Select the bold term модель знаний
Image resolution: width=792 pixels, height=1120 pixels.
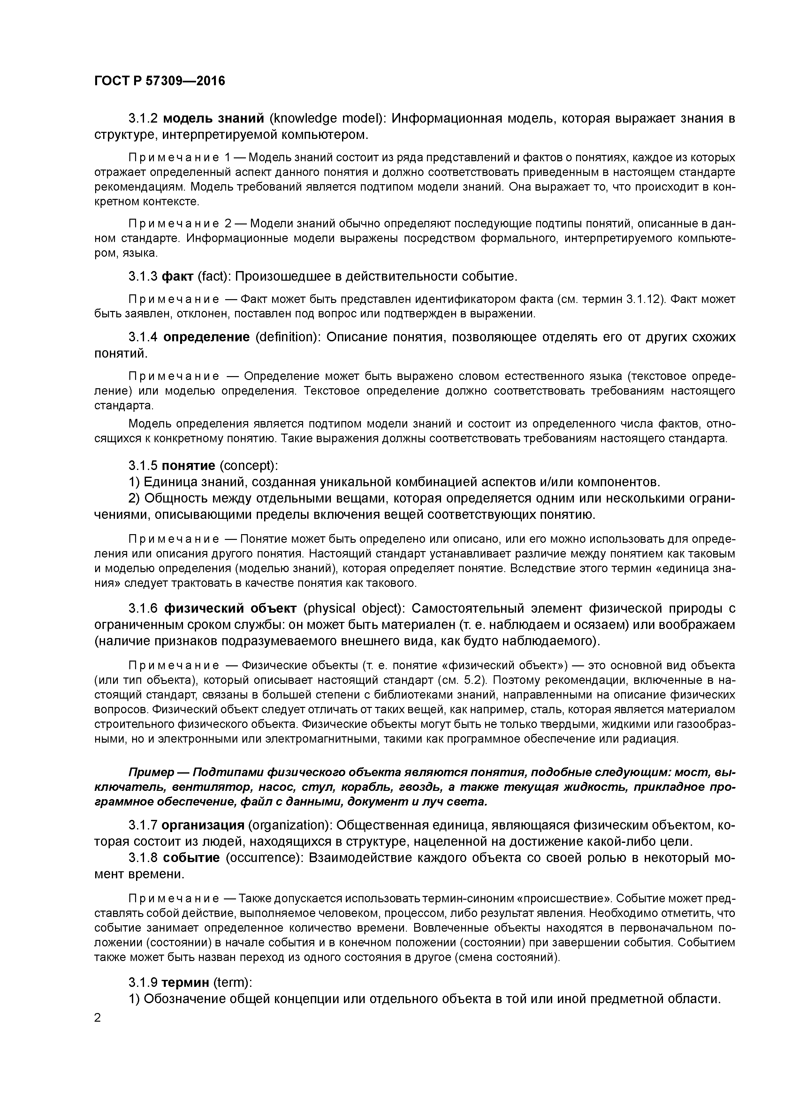[x=213, y=118]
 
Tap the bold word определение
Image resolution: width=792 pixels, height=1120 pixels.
[x=206, y=337]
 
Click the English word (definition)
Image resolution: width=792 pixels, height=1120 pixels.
[x=288, y=337]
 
